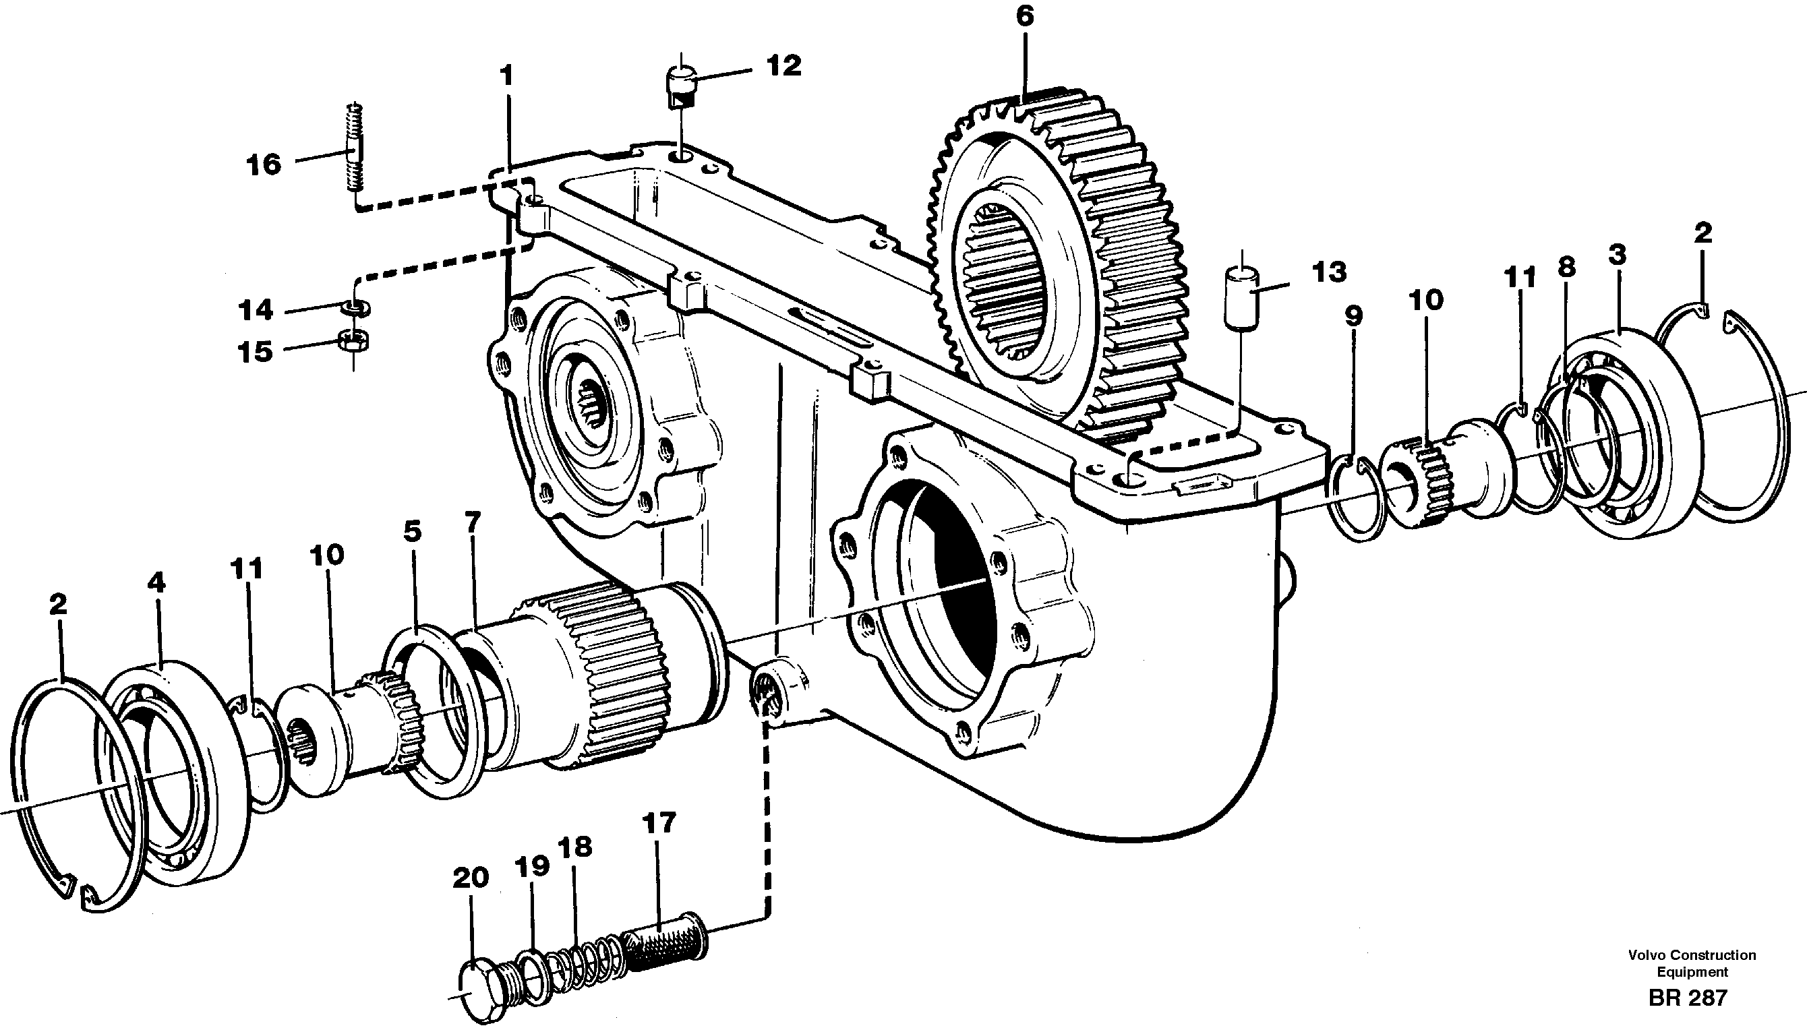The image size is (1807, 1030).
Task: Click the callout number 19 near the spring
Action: point(532,866)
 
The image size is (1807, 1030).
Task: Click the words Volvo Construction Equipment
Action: point(1692,963)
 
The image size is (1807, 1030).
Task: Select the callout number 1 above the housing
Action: point(506,75)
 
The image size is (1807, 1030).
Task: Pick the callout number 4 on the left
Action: point(156,583)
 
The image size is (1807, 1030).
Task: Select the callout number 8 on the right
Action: point(1566,268)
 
